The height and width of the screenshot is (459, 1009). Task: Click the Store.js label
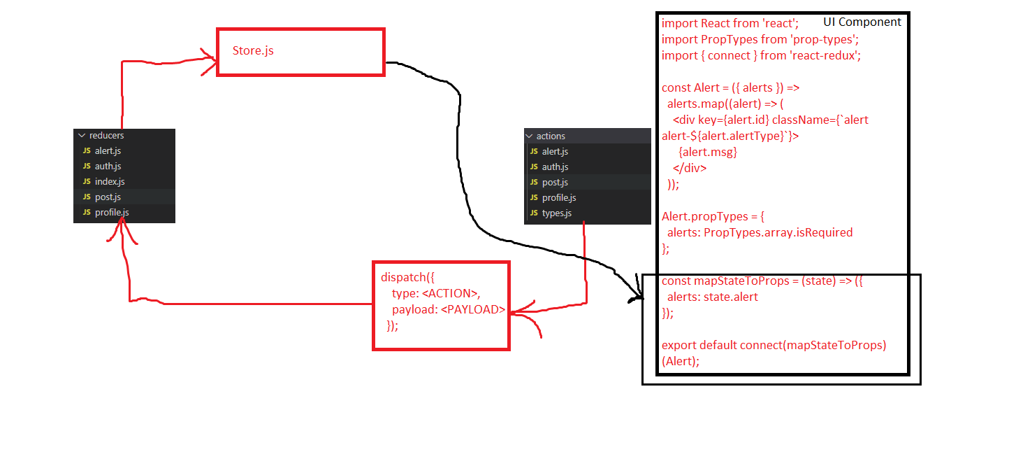point(253,51)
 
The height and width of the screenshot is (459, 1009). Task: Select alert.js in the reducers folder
point(108,150)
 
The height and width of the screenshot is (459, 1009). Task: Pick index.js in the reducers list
point(110,181)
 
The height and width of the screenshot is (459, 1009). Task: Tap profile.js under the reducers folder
point(112,212)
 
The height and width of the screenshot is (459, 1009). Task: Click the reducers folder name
point(106,135)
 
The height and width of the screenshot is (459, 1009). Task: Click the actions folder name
point(551,136)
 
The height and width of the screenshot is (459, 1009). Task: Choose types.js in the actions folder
point(557,213)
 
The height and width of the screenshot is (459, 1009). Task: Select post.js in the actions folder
point(555,182)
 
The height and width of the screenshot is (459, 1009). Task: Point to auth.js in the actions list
point(555,167)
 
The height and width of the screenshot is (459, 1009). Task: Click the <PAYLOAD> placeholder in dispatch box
point(473,309)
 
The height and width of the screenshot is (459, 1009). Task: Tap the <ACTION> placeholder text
point(451,293)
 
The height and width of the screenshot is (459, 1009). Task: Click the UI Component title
point(862,22)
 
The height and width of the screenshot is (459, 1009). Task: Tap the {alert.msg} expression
point(708,152)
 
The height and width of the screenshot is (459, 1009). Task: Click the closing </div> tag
point(690,168)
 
